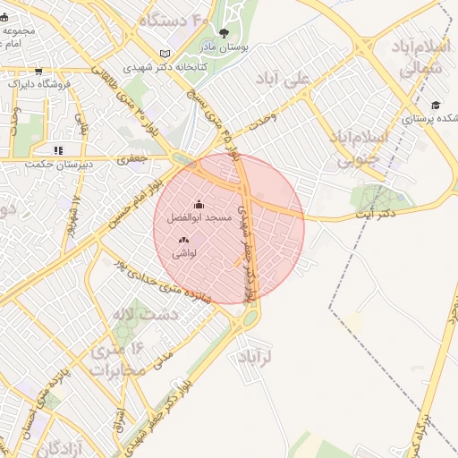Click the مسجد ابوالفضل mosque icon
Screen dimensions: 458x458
[198, 205]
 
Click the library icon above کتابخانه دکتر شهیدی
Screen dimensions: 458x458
[164, 54]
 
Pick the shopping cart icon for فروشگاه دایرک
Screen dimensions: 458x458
[11, 83]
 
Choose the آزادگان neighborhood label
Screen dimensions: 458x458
[54, 445]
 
